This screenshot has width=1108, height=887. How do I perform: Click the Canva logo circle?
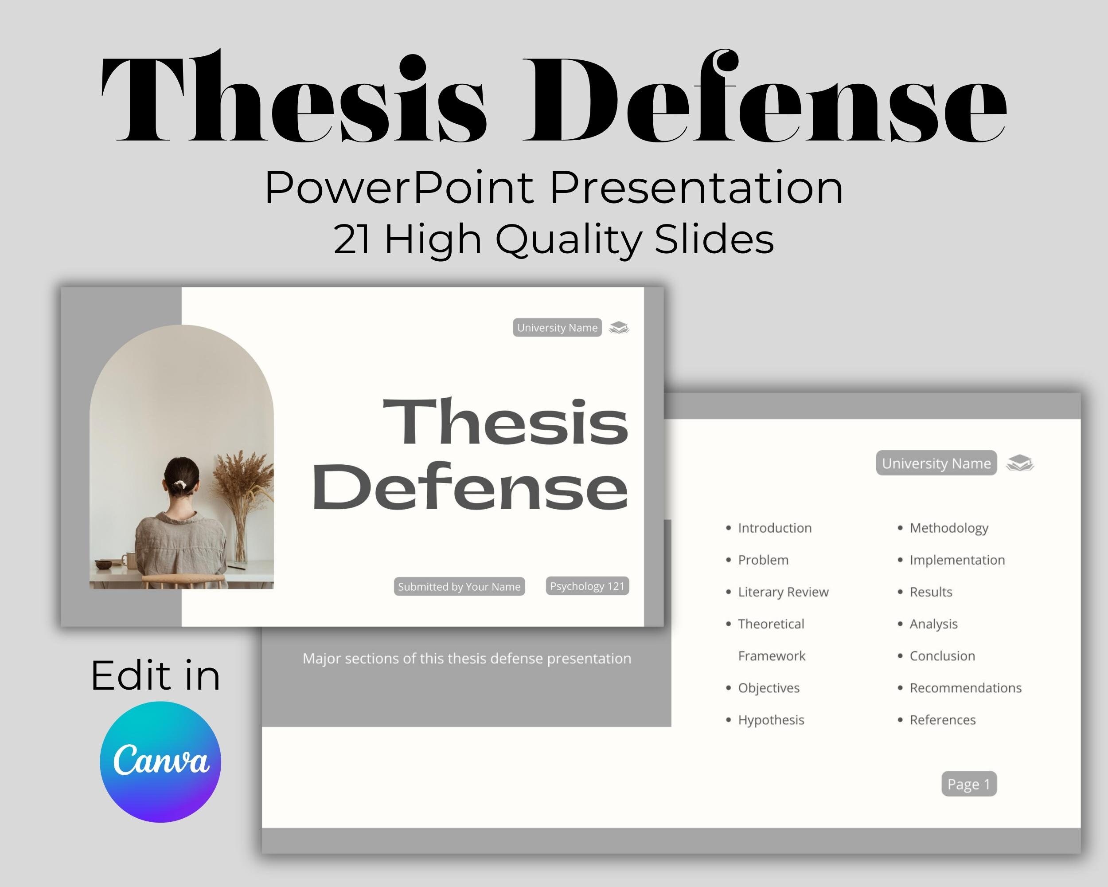point(160,761)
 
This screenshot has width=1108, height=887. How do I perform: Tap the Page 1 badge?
point(969,784)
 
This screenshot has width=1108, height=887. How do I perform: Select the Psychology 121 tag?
point(587,586)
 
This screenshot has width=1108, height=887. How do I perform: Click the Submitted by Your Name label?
point(459,587)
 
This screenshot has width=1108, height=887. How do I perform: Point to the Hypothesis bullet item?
point(770,720)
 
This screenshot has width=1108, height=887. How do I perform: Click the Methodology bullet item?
point(949,528)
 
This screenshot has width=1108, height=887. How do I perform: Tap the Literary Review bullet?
point(783,592)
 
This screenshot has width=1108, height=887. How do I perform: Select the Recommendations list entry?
point(965,688)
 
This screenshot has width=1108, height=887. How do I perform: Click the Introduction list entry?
point(774,528)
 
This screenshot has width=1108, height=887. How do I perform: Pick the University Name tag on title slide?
point(557,328)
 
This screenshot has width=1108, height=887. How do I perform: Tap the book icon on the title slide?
point(619,328)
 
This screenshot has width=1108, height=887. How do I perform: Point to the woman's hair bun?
point(181,483)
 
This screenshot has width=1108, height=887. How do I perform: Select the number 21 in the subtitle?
point(351,239)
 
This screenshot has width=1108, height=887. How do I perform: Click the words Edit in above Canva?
point(156,675)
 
